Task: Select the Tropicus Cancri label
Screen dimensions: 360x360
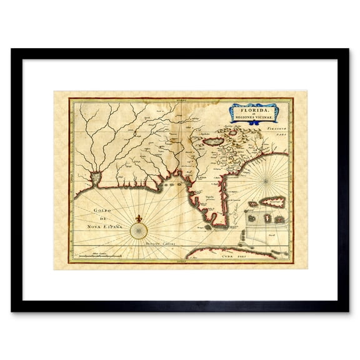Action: tap(159, 240)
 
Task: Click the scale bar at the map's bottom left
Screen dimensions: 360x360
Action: tap(100, 256)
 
